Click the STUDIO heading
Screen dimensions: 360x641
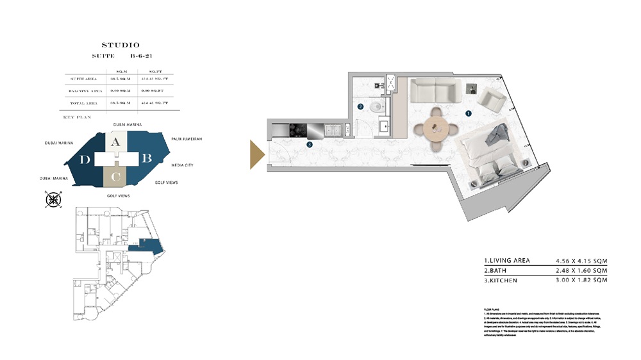tap(121, 45)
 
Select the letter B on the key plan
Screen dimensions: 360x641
tap(146, 158)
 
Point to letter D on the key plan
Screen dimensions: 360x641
tap(85, 160)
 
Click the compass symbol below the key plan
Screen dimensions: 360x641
tap(53, 200)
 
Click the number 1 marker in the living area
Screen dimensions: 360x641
tap(469, 113)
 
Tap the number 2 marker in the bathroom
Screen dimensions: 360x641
tap(360, 107)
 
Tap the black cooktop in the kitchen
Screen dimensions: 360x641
tap(299, 130)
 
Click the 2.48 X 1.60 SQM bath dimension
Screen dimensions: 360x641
tap(581, 271)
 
